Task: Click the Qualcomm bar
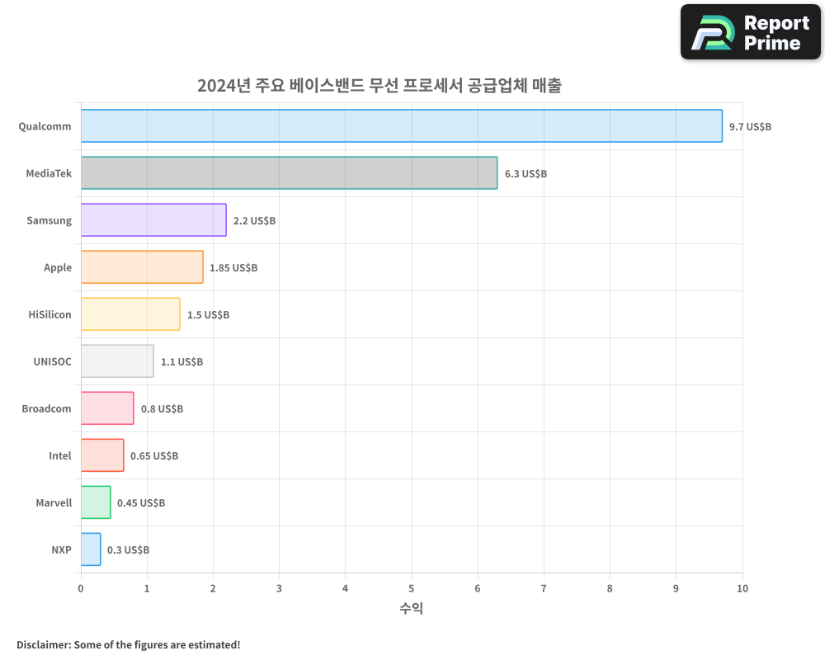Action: pyautogui.click(x=401, y=126)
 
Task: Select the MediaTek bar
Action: pyautogui.click(x=289, y=173)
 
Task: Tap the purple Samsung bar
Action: pyautogui.click(x=153, y=220)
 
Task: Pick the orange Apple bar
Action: pyautogui.click(x=142, y=267)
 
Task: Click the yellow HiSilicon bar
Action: pyautogui.click(x=130, y=314)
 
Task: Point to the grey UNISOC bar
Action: pyautogui.click(x=117, y=361)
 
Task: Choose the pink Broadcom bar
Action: pyautogui.click(x=107, y=408)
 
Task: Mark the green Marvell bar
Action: pyautogui.click(x=96, y=502)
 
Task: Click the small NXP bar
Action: pyautogui.click(x=91, y=549)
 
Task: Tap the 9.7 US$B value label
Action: pyautogui.click(x=750, y=127)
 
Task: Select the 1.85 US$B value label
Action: pyautogui.click(x=233, y=268)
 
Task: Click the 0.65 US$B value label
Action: pyautogui.click(x=154, y=456)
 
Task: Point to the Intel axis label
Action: pyautogui.click(x=60, y=455)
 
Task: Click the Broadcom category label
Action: pyautogui.click(x=46, y=408)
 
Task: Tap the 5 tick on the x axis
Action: pyautogui.click(x=412, y=588)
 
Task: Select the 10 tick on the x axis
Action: pyautogui.click(x=742, y=588)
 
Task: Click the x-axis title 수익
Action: pyautogui.click(x=412, y=609)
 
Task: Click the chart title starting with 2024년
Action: pyautogui.click(x=379, y=86)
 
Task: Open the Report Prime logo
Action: pyautogui.click(x=751, y=32)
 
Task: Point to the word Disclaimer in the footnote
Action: pyautogui.click(x=43, y=644)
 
